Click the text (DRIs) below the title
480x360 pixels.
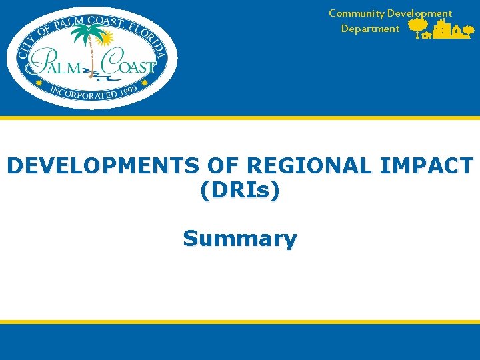click(240, 191)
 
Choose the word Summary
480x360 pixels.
click(240, 238)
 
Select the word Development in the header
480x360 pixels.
click(419, 13)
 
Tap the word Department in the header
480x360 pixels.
click(370, 29)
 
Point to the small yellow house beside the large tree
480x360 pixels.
click(426, 36)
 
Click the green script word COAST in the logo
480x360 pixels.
click(128, 67)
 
